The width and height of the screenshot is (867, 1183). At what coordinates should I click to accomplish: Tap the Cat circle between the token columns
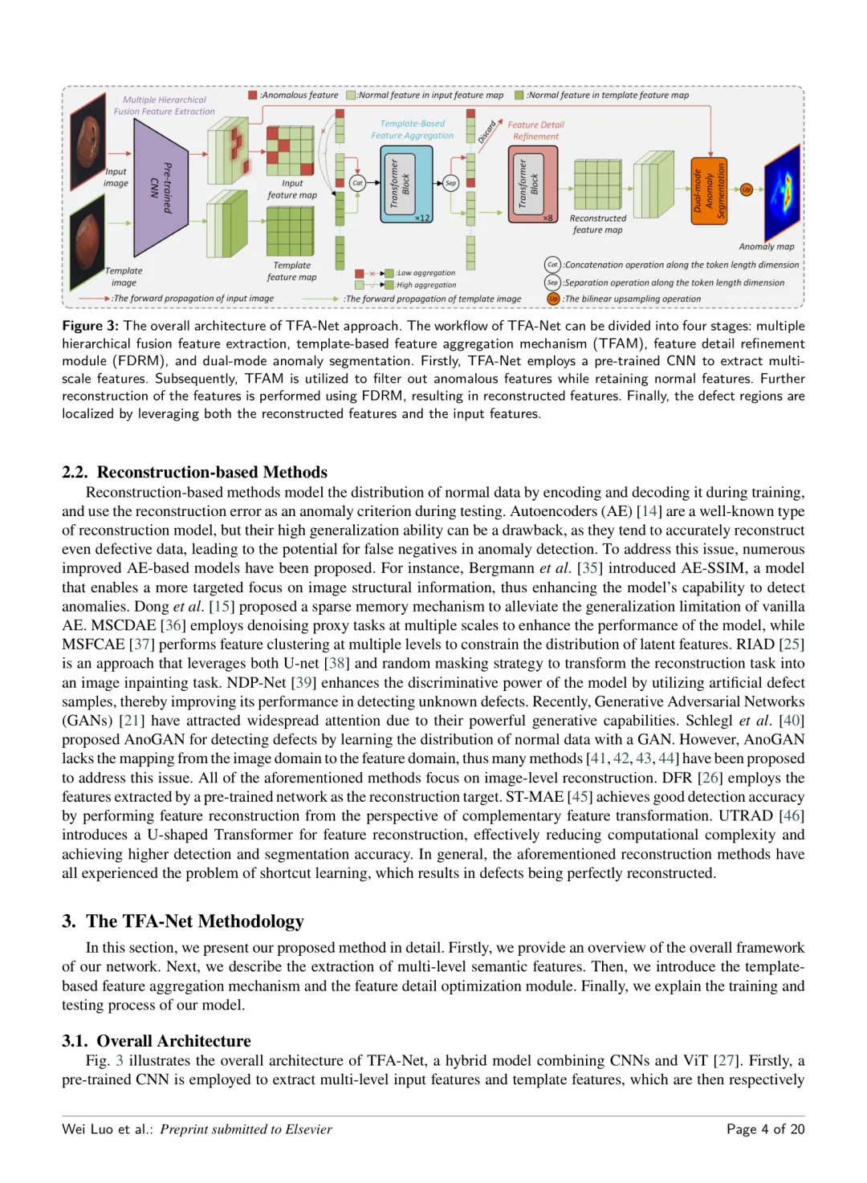pos(357,183)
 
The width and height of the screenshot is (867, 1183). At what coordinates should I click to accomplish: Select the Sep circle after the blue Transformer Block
pos(450,183)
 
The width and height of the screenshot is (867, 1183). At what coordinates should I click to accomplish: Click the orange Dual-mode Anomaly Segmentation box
pos(709,190)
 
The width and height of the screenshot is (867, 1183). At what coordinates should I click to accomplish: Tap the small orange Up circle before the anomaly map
pos(747,190)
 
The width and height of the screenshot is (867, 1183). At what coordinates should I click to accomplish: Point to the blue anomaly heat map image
pos(783,193)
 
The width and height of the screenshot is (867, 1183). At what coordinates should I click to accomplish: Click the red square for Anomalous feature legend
pos(253,96)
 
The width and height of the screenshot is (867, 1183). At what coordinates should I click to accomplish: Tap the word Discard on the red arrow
pos(487,132)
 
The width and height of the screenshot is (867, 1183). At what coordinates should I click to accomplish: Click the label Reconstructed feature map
pos(597,224)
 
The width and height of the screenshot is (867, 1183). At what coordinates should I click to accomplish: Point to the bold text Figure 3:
pos(90,326)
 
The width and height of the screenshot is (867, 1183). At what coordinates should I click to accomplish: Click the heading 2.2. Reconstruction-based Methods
pos(194,472)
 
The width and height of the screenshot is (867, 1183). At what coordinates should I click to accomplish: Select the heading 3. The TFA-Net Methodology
pos(183,921)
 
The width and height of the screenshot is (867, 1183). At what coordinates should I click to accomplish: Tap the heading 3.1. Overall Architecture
pos(157,1041)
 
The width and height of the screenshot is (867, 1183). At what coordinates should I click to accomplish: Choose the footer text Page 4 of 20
pos(765,1129)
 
